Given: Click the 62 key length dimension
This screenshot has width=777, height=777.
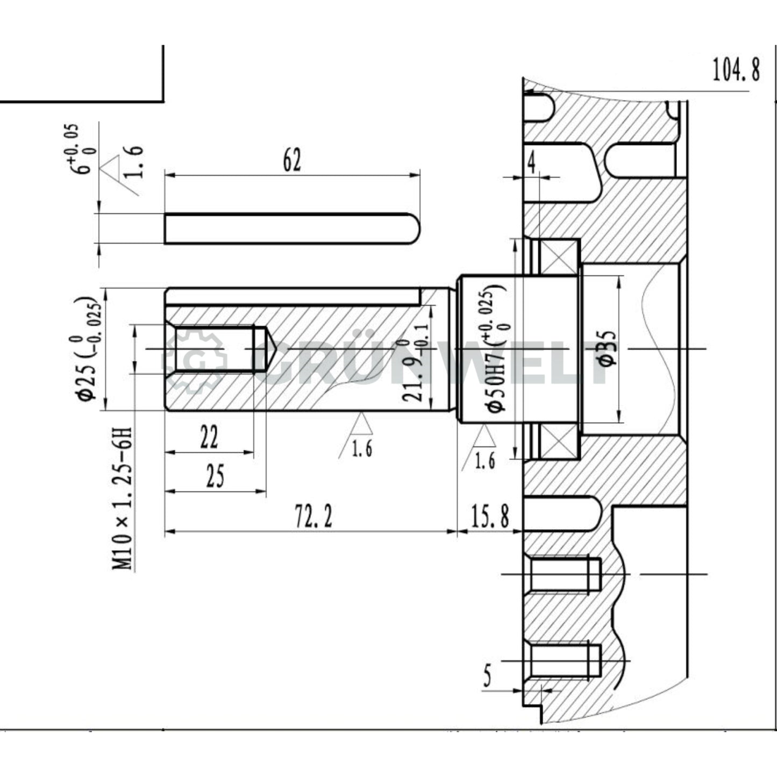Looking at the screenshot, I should click(292, 160).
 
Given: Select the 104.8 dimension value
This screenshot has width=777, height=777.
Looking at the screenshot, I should click(736, 70).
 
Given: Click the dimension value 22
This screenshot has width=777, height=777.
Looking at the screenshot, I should click(209, 437).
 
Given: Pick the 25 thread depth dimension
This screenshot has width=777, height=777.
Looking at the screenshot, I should click(215, 476).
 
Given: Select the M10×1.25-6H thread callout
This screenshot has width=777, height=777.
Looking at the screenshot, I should click(123, 498).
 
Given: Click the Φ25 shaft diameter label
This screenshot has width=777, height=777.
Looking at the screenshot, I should click(88, 350).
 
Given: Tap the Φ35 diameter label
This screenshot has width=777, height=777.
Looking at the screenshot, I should click(607, 348).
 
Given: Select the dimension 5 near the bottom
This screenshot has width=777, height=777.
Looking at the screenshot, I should click(487, 675).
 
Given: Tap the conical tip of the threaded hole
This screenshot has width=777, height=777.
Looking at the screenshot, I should click(269, 349).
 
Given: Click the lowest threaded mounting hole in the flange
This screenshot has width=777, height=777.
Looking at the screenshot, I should click(565, 660).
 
